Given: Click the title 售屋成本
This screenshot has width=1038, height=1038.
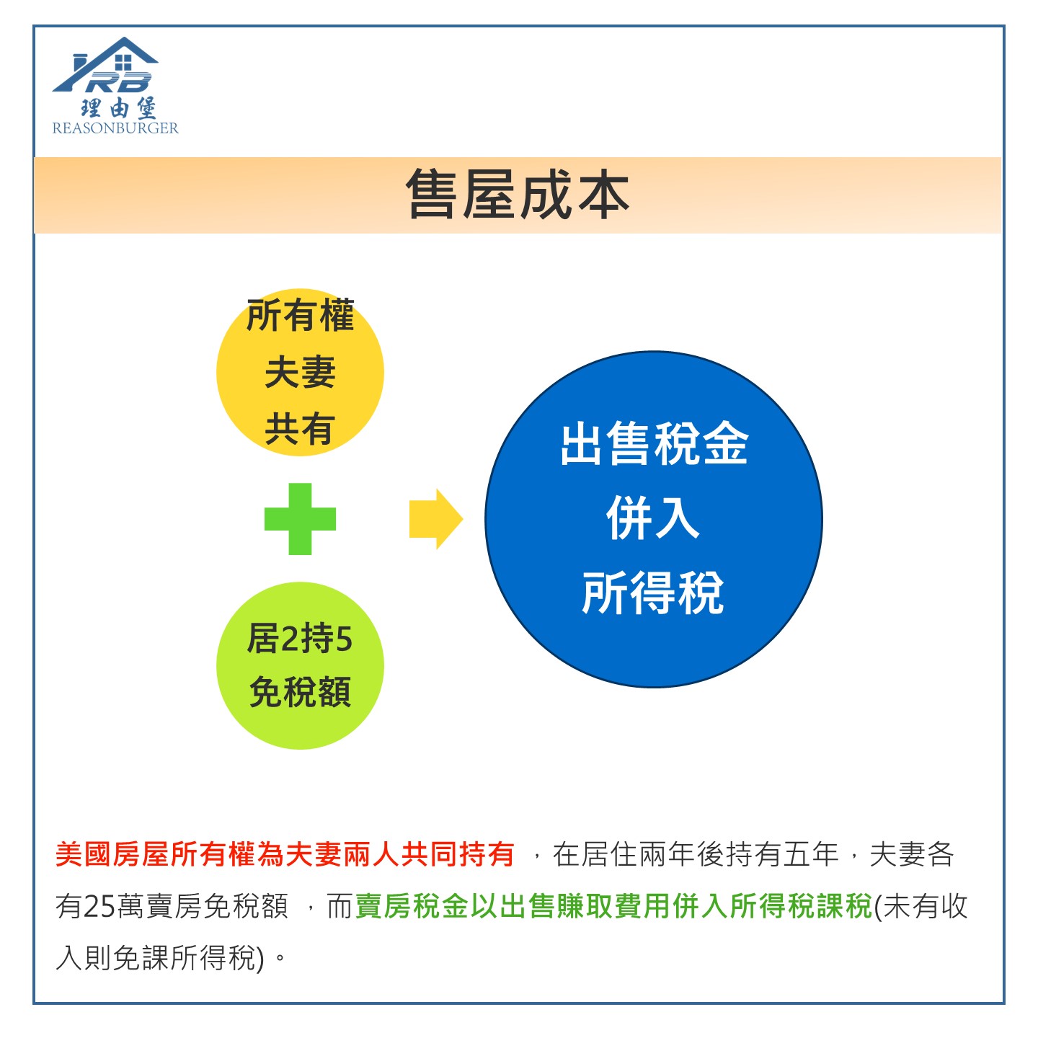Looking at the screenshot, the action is pyautogui.click(x=517, y=195).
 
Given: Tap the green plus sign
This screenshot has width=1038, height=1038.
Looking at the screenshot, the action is pyautogui.click(x=300, y=519).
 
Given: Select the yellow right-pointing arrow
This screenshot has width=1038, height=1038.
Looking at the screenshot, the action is pyautogui.click(x=436, y=519).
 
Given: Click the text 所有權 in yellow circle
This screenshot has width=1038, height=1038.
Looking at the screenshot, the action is pyautogui.click(x=300, y=315).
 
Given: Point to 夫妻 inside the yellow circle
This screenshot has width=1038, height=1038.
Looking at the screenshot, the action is pyautogui.click(x=300, y=372).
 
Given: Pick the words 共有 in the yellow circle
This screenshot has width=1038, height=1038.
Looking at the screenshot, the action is pyautogui.click(x=300, y=430).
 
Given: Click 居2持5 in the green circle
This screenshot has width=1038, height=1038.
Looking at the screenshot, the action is pyautogui.click(x=299, y=639).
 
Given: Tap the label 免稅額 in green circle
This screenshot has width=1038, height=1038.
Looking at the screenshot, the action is pyautogui.click(x=300, y=692).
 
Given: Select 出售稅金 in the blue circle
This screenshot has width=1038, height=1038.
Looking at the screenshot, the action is pyautogui.click(x=654, y=444).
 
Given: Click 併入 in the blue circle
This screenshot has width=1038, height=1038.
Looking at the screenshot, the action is pyautogui.click(x=653, y=518).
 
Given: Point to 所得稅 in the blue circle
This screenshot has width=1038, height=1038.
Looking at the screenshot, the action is pyautogui.click(x=653, y=593).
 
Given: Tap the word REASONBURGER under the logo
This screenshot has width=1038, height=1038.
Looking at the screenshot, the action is pyautogui.click(x=115, y=128).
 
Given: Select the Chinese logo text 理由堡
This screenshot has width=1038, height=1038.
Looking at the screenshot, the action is pyautogui.click(x=118, y=107).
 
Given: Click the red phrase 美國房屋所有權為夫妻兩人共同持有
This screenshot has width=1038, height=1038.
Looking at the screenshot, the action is pyautogui.click(x=285, y=854).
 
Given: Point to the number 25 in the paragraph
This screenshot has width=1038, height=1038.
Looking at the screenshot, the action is pyautogui.click(x=99, y=907).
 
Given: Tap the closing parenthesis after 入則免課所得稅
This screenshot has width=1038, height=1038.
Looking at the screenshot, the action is pyautogui.click(x=261, y=959).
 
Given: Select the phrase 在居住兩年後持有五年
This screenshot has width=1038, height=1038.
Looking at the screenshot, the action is pyautogui.click(x=696, y=854).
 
